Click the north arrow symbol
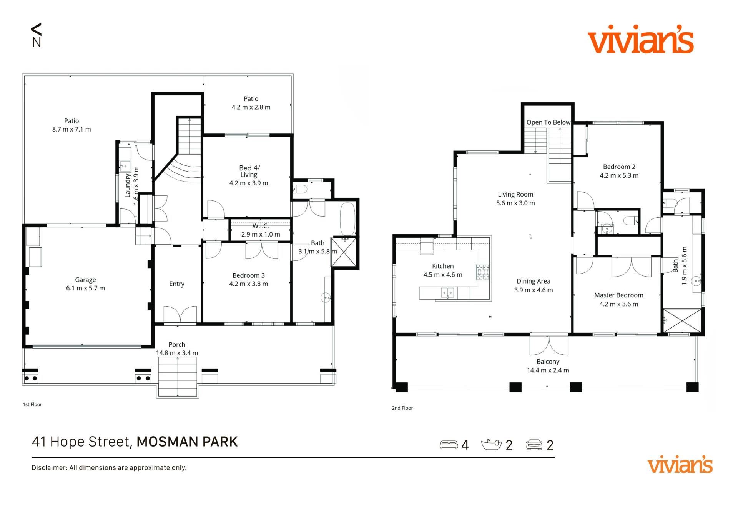click(x=36, y=35)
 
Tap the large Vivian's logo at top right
click(x=640, y=39)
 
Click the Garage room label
click(x=85, y=280)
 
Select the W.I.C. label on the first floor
click(x=261, y=226)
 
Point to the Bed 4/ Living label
click(x=249, y=171)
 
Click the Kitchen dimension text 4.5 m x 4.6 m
click(x=443, y=275)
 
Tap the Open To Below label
click(x=549, y=122)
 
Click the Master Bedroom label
click(x=619, y=295)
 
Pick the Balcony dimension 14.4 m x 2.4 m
click(x=548, y=370)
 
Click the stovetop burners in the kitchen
click(x=483, y=272)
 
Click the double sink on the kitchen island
click(x=447, y=293)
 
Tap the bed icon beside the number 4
click(x=449, y=445)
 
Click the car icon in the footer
click(x=534, y=444)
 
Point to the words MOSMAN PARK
click(x=187, y=442)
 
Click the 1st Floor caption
click(x=32, y=404)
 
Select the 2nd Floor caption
click(x=402, y=408)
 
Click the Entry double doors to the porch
click(x=180, y=314)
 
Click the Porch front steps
click(x=178, y=377)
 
